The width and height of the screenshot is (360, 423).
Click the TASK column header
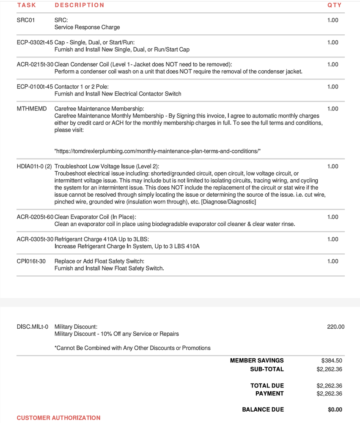[x=26, y=5]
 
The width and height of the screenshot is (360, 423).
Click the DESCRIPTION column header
[x=79, y=5]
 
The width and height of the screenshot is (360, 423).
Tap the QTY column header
[x=334, y=5]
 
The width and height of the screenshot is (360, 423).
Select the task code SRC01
[x=25, y=20]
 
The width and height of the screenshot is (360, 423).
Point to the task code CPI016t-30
[x=31, y=261]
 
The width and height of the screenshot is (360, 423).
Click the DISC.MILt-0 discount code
[x=33, y=327]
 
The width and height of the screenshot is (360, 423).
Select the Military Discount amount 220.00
[x=336, y=327]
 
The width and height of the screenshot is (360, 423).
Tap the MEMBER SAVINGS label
[x=257, y=361]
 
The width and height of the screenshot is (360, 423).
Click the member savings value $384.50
[x=332, y=361]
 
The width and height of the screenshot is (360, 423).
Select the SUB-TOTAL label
[x=267, y=369]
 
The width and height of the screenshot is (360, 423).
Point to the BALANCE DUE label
[x=263, y=409]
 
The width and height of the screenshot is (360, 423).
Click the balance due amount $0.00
[x=335, y=409]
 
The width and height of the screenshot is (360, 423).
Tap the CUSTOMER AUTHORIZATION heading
[x=58, y=418]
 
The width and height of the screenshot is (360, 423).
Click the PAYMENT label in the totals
[x=269, y=393]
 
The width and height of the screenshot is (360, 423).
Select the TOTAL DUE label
[x=267, y=386]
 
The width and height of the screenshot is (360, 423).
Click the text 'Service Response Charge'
[x=87, y=27]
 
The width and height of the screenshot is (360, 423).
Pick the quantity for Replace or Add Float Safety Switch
[x=333, y=261]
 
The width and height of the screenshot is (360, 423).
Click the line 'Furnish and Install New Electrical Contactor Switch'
[x=118, y=94]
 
